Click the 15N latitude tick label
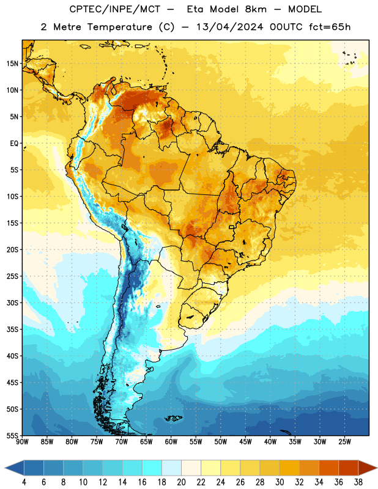[x=12, y=64]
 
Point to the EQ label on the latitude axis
[x=14, y=144]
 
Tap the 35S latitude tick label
[x=12, y=329]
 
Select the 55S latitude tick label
[x=12, y=436]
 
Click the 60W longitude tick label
[x=171, y=442]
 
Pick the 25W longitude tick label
[x=344, y=442]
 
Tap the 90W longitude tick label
[x=22, y=442]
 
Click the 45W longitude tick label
[x=245, y=442]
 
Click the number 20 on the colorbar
[x=181, y=482]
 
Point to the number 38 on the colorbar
[x=358, y=482]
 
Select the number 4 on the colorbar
[x=24, y=482]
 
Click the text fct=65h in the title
[x=330, y=27]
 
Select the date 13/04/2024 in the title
[x=229, y=27]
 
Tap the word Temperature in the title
[x=119, y=27]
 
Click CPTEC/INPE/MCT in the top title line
[x=115, y=9]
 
